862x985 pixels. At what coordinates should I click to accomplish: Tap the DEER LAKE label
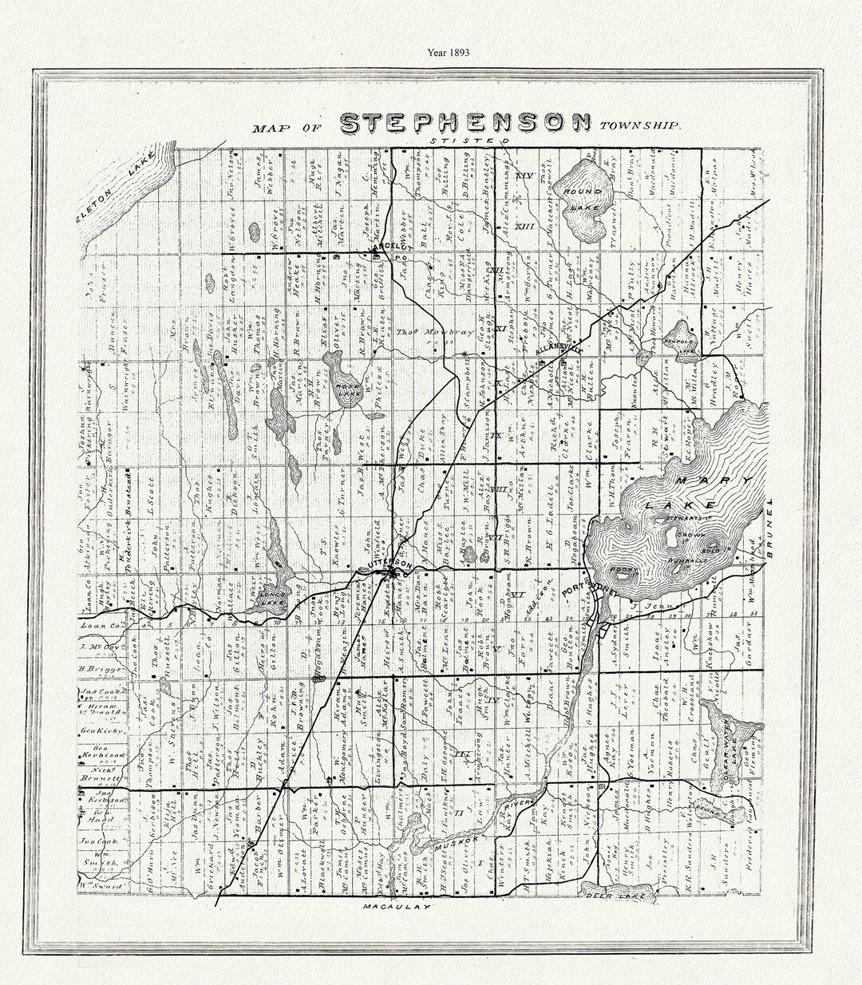[x=611, y=896]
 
